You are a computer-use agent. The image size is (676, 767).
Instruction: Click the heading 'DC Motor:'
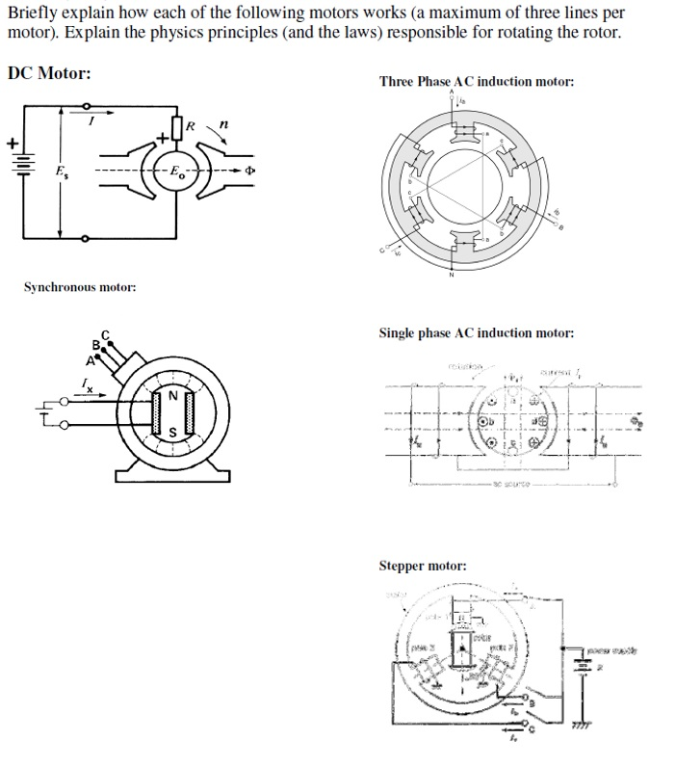tap(49, 74)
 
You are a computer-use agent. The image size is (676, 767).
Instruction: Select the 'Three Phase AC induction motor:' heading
tap(477, 82)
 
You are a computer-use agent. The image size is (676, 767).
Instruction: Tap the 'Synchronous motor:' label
tap(79, 287)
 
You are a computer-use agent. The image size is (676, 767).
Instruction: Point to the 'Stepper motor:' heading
tap(422, 566)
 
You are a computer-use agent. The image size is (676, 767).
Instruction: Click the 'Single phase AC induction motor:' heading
tap(477, 333)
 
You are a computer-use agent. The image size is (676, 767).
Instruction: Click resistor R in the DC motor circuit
tap(177, 127)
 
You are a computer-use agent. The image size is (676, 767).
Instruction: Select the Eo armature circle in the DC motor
tap(174, 173)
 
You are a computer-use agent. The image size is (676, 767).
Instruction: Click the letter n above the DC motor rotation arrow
tap(223, 124)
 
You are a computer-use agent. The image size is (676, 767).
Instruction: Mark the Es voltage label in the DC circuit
tap(38, 175)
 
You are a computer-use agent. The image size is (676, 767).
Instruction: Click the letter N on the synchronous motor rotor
tap(174, 395)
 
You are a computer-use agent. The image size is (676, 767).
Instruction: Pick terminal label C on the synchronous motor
tap(107, 334)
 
